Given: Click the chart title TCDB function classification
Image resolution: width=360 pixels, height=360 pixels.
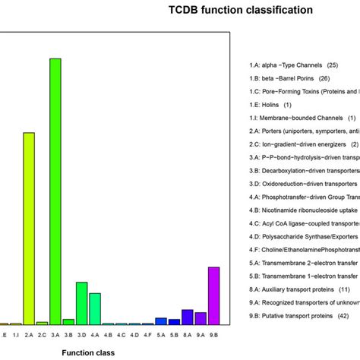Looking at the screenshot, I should pyautogui.click(x=239, y=32).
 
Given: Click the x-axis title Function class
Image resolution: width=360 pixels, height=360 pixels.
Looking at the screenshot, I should pyautogui.click(x=88, y=352).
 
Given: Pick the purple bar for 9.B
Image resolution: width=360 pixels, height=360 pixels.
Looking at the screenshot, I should pyautogui.click(x=213, y=295).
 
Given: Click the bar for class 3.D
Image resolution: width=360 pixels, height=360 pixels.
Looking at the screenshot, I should pyautogui.click(x=81, y=303).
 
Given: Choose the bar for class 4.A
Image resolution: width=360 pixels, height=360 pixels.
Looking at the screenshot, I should pyautogui.click(x=95, y=308).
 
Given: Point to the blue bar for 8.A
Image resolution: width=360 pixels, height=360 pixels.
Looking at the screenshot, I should pyautogui.click(x=187, y=317).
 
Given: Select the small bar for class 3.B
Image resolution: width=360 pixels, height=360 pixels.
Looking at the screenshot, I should pyautogui.click(x=68, y=321).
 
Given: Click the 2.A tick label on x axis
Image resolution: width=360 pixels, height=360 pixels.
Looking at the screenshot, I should pyautogui.click(x=29, y=333).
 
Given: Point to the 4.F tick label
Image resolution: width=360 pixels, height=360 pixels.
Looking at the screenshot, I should pyautogui.click(x=147, y=333).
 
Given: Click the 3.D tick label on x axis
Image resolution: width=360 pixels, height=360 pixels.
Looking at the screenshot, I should pyautogui.click(x=81, y=333).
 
